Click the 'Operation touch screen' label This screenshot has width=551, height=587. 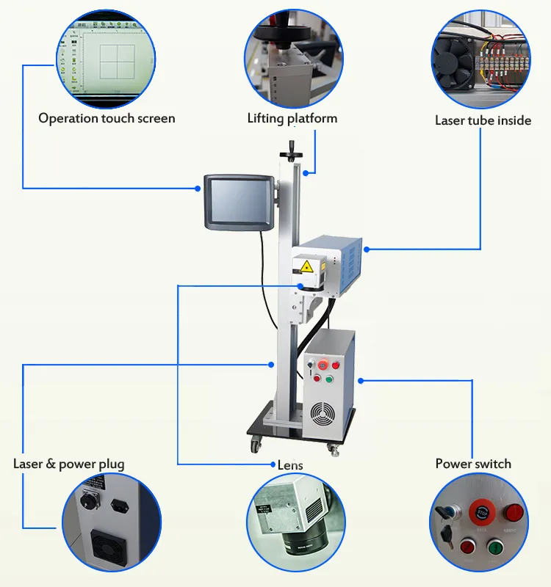107,118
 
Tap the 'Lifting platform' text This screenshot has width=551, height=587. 292,118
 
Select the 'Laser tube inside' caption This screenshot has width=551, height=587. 483,120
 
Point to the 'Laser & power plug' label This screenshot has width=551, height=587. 68,464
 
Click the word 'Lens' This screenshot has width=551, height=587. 290,465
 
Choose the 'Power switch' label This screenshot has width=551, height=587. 473,464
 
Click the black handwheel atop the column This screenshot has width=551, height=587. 292,152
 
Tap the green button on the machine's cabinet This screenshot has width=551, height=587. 329,379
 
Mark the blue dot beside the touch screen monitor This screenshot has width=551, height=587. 198,189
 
